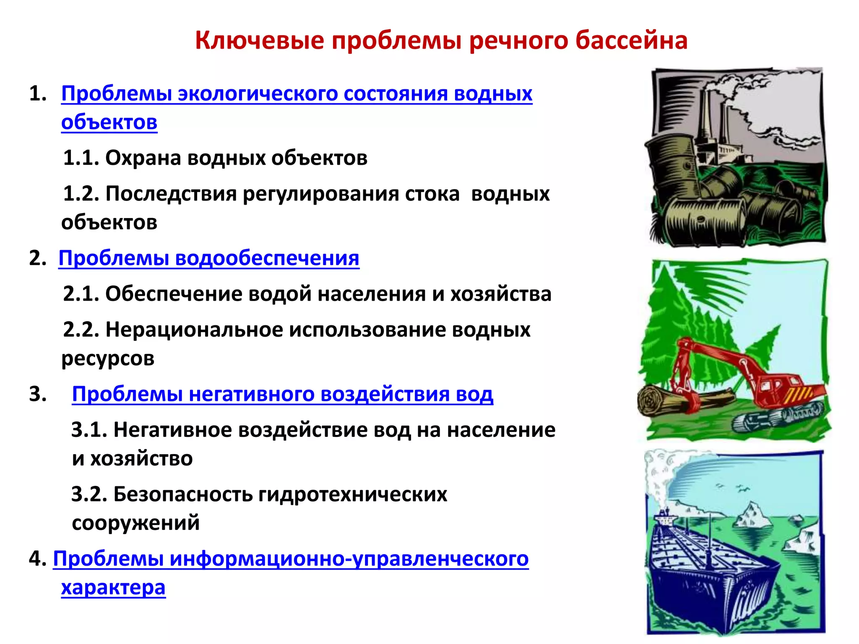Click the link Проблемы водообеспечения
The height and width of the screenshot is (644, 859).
coord(208,258)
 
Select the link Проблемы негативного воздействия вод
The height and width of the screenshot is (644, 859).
coord(282,394)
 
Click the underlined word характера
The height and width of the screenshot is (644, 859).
coord(113,588)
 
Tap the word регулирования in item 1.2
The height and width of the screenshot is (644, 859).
coord(320,194)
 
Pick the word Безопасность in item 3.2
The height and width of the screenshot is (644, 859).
coord(183,494)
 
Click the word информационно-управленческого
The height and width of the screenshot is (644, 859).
coord(349,559)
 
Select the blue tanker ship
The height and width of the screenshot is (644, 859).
coord(705,574)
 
